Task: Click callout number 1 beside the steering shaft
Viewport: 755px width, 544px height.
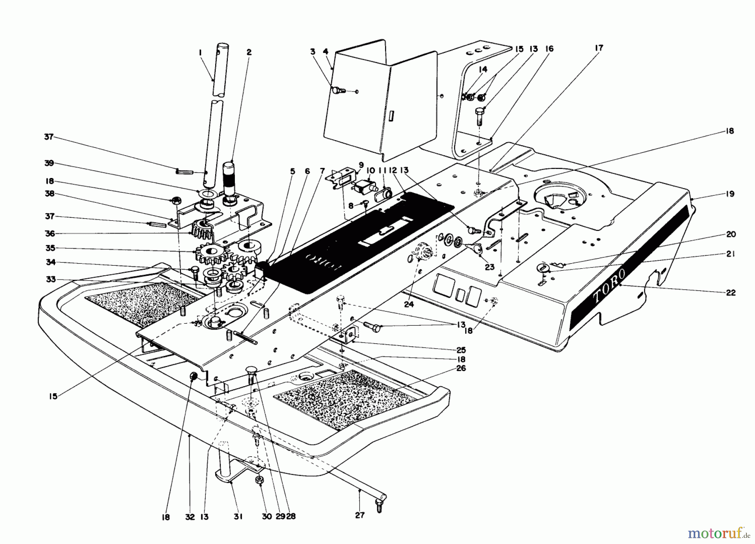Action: (200, 52)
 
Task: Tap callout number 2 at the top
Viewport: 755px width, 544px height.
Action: (249, 52)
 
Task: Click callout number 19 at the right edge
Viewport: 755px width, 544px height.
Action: (730, 194)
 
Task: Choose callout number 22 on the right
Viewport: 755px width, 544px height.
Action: (731, 293)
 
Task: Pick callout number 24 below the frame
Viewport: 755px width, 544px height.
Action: (409, 304)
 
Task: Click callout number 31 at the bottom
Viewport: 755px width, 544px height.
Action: (238, 517)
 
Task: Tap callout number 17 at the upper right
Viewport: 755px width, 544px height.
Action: (599, 48)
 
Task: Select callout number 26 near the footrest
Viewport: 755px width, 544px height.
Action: (462, 369)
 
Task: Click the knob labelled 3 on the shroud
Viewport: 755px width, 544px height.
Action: (338, 90)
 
